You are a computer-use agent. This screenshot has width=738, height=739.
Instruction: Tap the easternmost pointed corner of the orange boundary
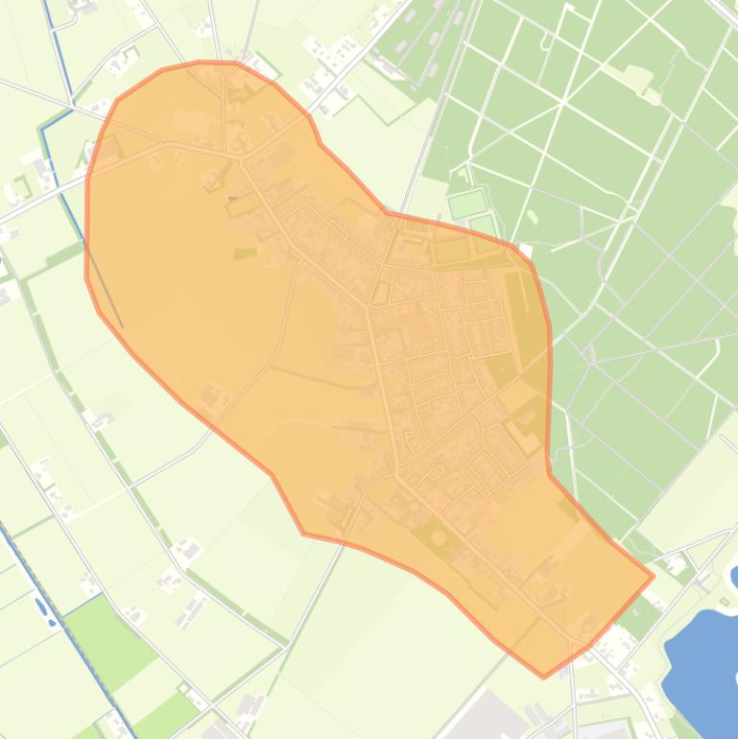(x=653, y=577)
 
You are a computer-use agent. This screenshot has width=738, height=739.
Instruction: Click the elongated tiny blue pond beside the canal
(x=40, y=607)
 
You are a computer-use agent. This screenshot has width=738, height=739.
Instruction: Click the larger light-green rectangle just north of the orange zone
(x=468, y=203)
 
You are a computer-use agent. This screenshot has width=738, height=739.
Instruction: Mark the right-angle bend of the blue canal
(x=42, y=128)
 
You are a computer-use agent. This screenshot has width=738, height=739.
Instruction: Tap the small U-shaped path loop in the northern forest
(x=547, y=40)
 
